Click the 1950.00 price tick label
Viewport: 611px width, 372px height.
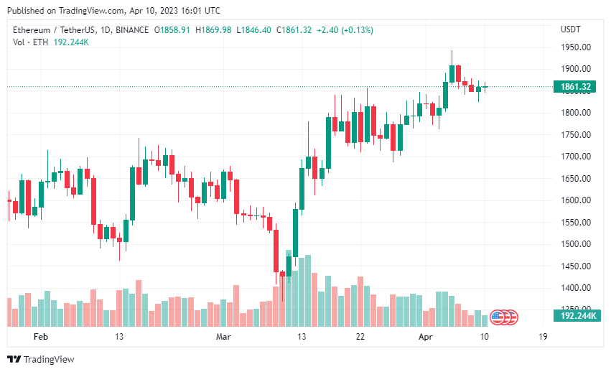pyautogui.click(x=576, y=47)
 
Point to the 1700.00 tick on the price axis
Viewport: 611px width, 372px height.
pyautogui.click(x=576, y=157)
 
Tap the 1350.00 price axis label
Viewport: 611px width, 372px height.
pyautogui.click(x=576, y=310)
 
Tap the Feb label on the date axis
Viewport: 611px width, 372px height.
pyautogui.click(x=41, y=337)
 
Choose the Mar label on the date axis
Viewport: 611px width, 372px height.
pyautogui.click(x=223, y=337)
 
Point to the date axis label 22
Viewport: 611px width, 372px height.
pyautogui.click(x=360, y=337)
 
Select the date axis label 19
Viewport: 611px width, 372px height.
pyautogui.click(x=543, y=337)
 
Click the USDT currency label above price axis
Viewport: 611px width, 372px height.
pyautogui.click(x=571, y=29)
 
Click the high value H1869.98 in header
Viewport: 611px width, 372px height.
pyautogui.click(x=213, y=29)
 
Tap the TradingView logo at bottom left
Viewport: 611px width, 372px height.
pyautogui.click(x=41, y=359)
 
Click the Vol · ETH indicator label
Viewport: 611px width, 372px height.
pyautogui.click(x=30, y=42)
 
